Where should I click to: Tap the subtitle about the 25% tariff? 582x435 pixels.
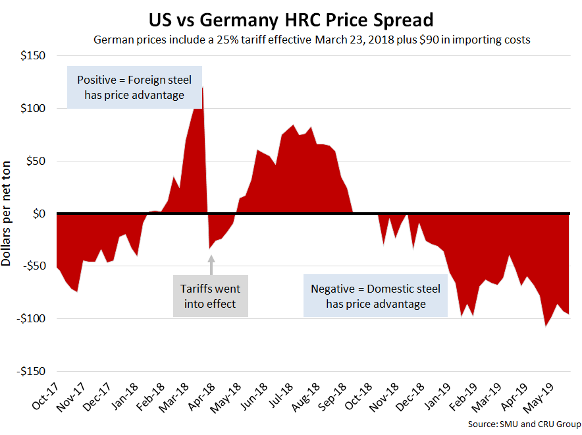[x=312, y=40]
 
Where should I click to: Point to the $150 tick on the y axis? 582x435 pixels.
[x=32, y=56]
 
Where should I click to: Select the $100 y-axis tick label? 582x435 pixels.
[x=32, y=108]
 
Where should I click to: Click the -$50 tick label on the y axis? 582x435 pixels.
[x=30, y=266]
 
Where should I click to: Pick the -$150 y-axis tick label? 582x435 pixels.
[x=28, y=371]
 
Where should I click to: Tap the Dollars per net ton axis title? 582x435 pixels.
[x=8, y=214]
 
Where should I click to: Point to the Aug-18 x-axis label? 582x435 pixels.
[x=305, y=397]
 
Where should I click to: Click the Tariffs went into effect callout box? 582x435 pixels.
[x=211, y=296]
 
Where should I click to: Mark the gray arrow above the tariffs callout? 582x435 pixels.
[x=211, y=265]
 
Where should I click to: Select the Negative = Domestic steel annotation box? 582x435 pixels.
[x=375, y=296]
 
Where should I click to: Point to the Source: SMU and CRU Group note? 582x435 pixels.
[x=524, y=423]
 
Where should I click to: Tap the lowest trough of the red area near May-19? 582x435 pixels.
[x=545, y=325]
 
